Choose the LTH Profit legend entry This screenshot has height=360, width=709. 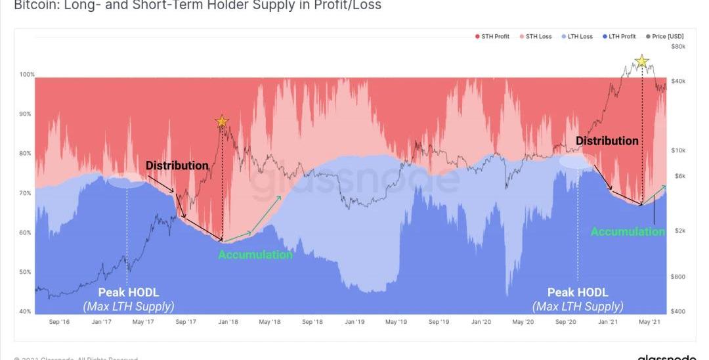coord(622,36)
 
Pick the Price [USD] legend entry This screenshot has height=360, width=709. coord(665,36)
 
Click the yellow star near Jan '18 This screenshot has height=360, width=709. coord(222,121)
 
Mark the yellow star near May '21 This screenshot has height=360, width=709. coord(642,62)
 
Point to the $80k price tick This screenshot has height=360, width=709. coord(678,47)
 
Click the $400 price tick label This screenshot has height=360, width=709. coord(679,311)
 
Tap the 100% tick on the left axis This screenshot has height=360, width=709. coord(26,75)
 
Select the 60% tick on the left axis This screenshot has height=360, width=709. coord(25,233)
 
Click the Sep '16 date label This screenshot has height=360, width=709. coord(59,322)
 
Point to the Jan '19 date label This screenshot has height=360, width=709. coord(354,322)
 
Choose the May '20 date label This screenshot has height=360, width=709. coord(523,322)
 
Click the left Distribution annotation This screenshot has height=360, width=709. coord(177,166)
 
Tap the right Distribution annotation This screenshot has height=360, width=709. coord(607,141)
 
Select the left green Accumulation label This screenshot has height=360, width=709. coord(255,254)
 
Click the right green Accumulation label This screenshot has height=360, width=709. coord(627,231)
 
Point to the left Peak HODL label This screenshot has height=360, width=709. coord(128,292)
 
